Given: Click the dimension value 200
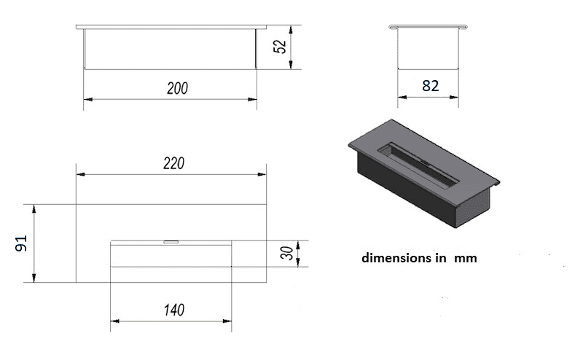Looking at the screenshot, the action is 177,88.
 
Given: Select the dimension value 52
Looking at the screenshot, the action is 280,47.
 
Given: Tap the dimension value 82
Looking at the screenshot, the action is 431,86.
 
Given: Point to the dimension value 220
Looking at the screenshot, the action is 173,163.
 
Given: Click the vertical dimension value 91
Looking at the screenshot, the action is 21,243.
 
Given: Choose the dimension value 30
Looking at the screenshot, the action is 286,254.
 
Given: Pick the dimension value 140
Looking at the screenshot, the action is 174,310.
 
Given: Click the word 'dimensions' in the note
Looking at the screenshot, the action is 396,258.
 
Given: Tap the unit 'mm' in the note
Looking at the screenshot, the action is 466,259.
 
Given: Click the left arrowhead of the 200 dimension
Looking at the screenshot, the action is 88,99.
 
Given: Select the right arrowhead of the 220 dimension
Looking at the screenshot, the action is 262,174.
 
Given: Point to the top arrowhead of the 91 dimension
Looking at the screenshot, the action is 34,209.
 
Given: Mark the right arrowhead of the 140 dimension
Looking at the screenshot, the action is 227,321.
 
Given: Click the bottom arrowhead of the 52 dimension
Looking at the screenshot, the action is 291,65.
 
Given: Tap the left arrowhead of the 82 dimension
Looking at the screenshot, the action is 402,98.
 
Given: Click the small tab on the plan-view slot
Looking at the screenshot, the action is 171,242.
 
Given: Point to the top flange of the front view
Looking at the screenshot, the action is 171,27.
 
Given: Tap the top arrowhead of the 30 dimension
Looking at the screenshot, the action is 298,246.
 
